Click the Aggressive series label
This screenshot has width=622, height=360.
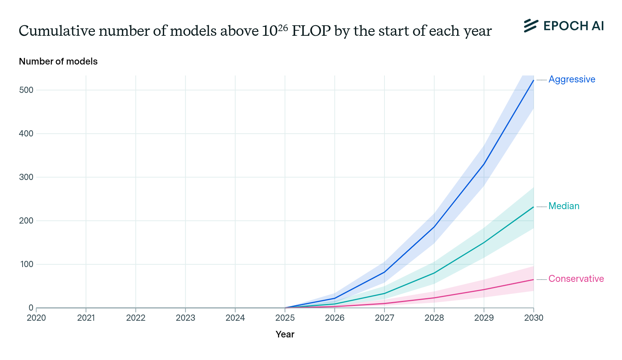(571, 79)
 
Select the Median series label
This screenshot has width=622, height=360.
(564, 206)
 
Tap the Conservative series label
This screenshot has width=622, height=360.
(576, 279)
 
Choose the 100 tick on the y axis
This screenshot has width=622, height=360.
(27, 264)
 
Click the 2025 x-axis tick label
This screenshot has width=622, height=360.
(285, 318)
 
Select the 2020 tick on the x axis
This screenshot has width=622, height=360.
(36, 318)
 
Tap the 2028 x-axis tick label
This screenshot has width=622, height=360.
(434, 318)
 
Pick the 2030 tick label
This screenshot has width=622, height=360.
(534, 318)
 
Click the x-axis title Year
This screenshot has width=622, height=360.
(285, 334)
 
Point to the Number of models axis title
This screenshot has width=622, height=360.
(58, 61)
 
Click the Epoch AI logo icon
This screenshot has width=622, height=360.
(531, 26)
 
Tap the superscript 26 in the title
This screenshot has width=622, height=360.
(283, 27)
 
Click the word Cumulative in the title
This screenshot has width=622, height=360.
(57, 31)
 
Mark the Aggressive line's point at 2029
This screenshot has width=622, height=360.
(484, 164)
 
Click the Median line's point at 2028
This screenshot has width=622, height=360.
(434, 273)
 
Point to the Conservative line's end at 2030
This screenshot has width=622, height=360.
(533, 280)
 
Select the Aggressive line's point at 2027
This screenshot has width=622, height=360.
(384, 272)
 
